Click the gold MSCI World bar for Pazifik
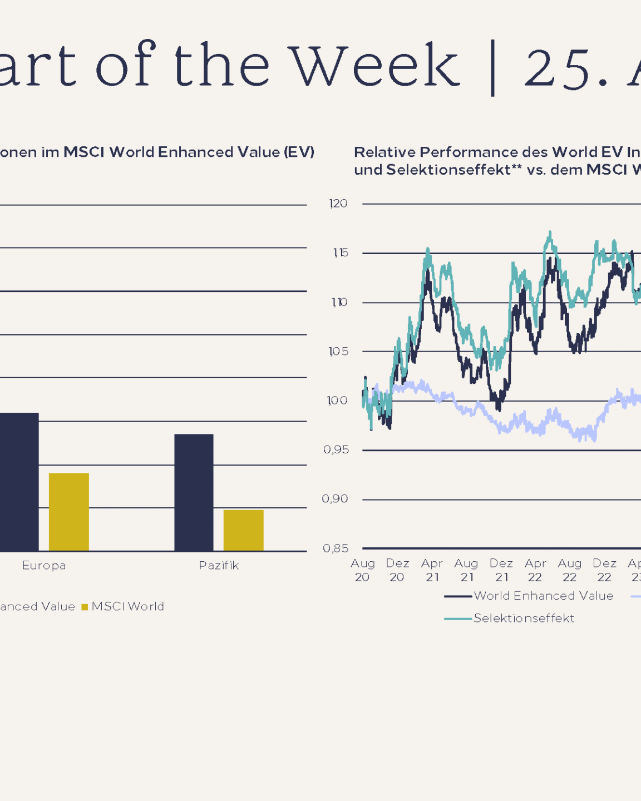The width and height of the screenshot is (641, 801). (x=243, y=530)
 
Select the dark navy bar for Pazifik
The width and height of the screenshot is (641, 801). (x=194, y=492)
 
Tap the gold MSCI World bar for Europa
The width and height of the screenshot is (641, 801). (x=69, y=512)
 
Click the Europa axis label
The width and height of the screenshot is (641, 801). (x=44, y=566)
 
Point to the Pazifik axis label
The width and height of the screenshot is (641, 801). (x=219, y=566)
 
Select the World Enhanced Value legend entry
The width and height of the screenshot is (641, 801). (x=543, y=596)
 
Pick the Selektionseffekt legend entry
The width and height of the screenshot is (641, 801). (x=523, y=618)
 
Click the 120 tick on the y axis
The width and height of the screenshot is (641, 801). (x=338, y=204)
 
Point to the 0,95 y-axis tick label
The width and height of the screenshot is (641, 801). (x=336, y=449)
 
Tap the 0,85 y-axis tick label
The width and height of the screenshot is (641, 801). (x=336, y=548)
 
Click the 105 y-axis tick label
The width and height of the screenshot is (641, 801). (x=338, y=352)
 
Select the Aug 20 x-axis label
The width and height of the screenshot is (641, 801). (x=362, y=570)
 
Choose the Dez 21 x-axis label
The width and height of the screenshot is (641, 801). (x=501, y=570)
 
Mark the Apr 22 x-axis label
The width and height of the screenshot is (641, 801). (x=535, y=570)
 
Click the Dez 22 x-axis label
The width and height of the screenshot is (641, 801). (x=604, y=570)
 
